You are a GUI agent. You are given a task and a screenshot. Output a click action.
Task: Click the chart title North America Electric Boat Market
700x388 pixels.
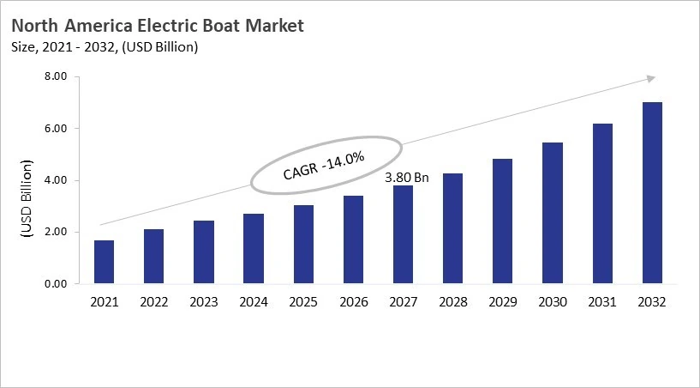158,26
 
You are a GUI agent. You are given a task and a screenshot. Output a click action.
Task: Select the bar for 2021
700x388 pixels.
104,262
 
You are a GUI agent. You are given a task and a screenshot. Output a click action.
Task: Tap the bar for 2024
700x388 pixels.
253,249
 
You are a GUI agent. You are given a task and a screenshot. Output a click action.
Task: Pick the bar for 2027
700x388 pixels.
403,234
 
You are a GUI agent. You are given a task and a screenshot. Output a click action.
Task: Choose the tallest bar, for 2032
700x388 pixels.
651,193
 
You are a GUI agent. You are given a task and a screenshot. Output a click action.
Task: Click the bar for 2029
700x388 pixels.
502,221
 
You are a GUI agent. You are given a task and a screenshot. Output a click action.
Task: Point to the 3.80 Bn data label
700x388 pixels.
406,177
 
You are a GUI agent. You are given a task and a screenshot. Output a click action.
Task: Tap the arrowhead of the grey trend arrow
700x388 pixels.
650,78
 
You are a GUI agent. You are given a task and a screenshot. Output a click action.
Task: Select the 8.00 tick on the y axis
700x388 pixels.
55,77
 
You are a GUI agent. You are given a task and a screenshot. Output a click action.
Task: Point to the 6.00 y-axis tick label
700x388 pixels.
55,129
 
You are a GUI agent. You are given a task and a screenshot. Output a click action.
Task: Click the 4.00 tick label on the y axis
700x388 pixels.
55,180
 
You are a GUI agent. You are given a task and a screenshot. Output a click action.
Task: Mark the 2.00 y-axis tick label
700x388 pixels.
55,233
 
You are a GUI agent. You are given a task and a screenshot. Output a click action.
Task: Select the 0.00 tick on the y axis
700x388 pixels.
55,284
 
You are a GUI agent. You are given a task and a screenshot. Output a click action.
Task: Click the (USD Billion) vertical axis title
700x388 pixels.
26,197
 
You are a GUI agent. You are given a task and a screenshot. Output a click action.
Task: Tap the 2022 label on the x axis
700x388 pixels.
153,302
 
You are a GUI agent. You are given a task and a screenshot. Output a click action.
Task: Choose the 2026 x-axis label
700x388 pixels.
352,302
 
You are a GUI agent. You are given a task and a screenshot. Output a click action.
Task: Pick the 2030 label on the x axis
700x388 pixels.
552,302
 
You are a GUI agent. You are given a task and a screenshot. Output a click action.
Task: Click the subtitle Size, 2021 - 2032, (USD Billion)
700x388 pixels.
105,47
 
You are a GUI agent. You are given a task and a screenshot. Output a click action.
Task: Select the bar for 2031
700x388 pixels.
601,203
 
